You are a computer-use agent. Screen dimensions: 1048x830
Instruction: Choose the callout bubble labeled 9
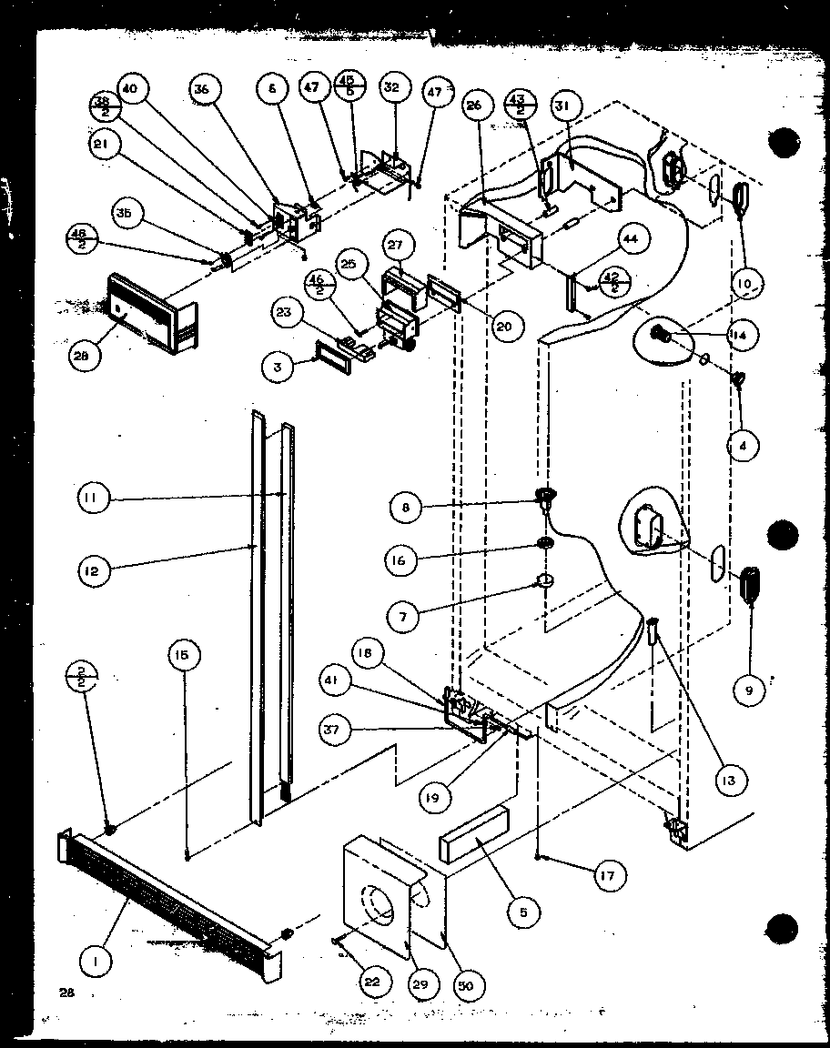748,690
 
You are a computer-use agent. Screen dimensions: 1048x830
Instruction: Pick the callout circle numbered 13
731,780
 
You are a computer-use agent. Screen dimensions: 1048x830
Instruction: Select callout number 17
607,876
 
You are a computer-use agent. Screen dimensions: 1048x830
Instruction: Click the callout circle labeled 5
522,909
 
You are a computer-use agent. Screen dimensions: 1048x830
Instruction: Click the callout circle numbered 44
632,238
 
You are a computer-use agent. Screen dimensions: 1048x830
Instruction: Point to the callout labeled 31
562,106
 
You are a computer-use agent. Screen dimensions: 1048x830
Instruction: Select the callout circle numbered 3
277,368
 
